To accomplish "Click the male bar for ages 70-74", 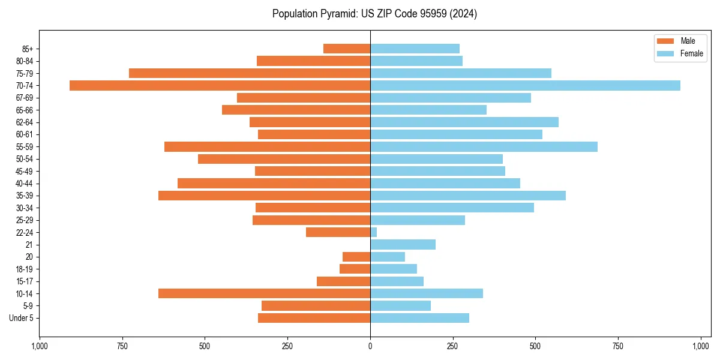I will pyautogui.click(x=220, y=85).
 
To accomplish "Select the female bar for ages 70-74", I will pyautogui.click(x=525, y=85).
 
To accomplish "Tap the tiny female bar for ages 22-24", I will pyautogui.click(x=373, y=232).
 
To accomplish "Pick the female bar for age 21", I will pyautogui.click(x=403, y=244).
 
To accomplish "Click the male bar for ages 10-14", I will pyautogui.click(x=264, y=293).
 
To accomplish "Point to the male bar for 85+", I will pyautogui.click(x=347, y=49).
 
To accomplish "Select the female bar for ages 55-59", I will pyautogui.click(x=484, y=146).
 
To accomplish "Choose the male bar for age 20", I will pyautogui.click(x=356, y=257).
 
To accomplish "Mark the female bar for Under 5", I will pyautogui.click(x=419, y=318).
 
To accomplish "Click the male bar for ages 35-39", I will pyautogui.click(x=264, y=196).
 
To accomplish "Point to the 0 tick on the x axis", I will pyautogui.click(x=370, y=346).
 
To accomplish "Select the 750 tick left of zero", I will pyautogui.click(x=122, y=346).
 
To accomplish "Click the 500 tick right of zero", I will pyautogui.click(x=536, y=346).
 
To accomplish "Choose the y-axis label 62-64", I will pyautogui.click(x=25, y=122).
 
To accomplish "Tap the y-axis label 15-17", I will pyautogui.click(x=25, y=281).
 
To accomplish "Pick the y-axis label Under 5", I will pyautogui.click(x=22, y=318).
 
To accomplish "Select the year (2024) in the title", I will pyautogui.click(x=462, y=14).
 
